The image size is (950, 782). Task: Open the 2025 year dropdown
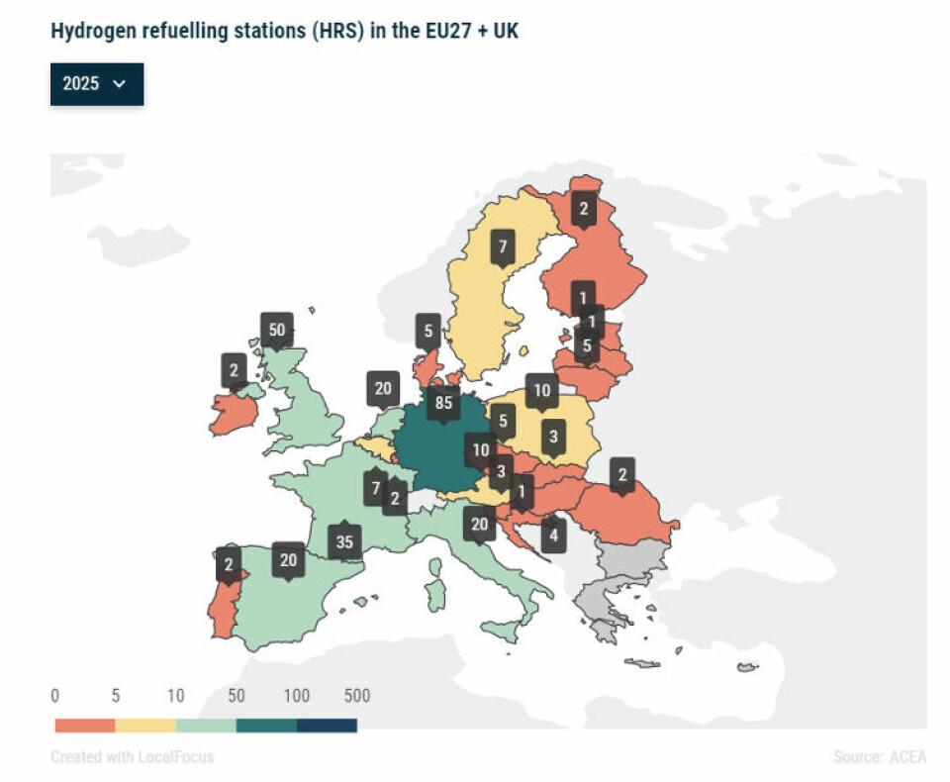coord(96,84)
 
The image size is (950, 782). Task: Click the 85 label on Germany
coord(443,403)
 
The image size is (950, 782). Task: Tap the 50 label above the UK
coord(277,330)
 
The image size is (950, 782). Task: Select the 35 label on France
coord(344,541)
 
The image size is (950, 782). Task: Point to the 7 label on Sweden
coord(503,247)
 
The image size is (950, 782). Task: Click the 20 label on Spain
coord(289,559)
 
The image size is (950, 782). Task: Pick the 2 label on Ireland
coord(235,371)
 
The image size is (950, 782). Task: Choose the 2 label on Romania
coord(622,474)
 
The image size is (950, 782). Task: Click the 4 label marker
coord(553,537)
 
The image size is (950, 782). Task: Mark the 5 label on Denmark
coord(427,332)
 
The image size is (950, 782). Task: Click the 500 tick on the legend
coord(356,696)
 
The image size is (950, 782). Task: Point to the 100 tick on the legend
coord(297,696)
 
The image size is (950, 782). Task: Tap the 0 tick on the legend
coord(55,696)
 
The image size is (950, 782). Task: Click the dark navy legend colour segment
coord(327,726)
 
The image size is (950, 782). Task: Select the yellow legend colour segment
coord(145,726)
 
